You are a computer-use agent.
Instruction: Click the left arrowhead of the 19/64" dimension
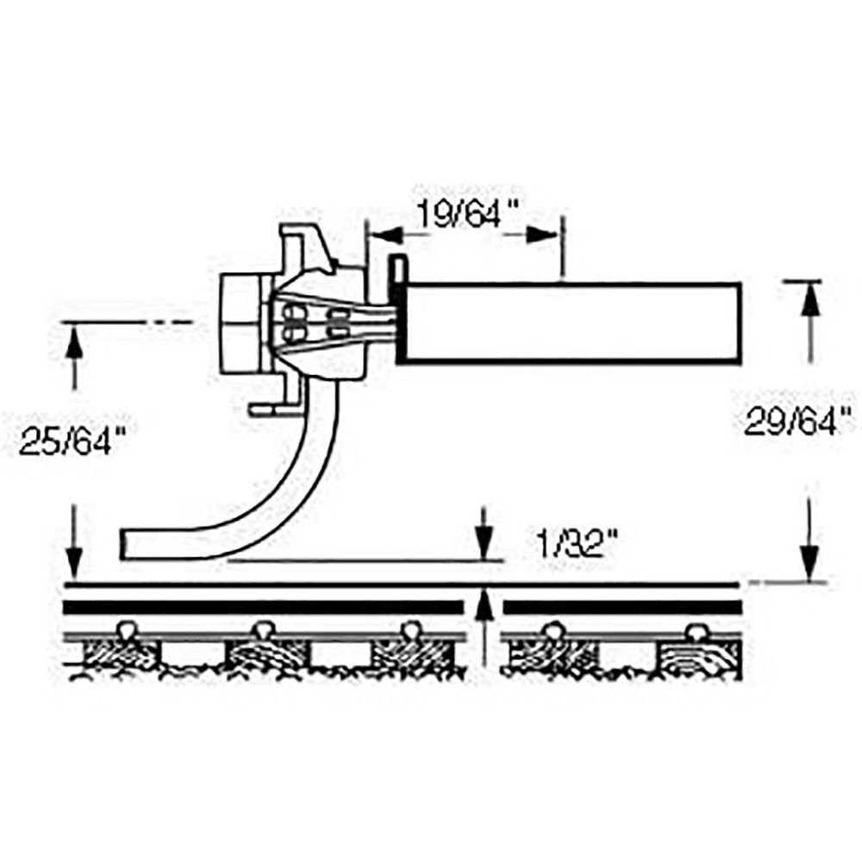coord(383,234)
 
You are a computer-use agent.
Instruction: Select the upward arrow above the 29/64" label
coord(809,302)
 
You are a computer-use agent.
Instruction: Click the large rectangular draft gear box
coord(569,321)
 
